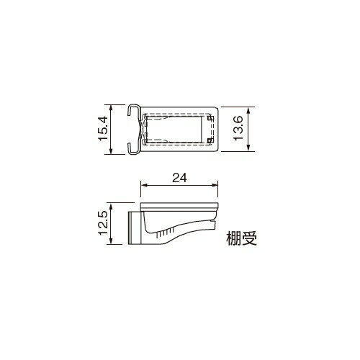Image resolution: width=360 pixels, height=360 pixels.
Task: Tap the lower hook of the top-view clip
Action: pyautogui.click(x=134, y=150)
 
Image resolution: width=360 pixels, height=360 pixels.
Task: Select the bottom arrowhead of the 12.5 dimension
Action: pyautogui.click(x=109, y=243)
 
